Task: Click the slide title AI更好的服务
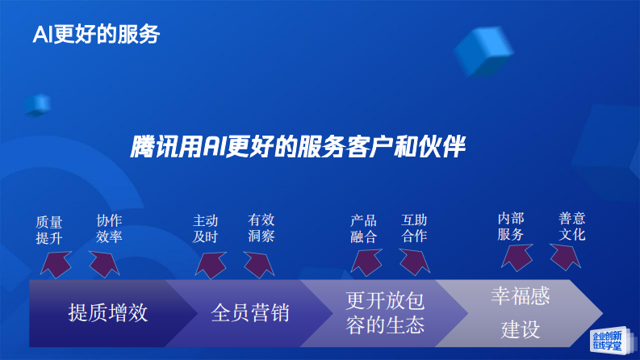96,34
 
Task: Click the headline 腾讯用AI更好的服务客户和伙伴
299,147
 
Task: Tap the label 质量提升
49,229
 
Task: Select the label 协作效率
109,228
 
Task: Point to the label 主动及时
205,228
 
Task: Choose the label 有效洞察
261,228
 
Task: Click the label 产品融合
363,228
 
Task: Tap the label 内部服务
511,227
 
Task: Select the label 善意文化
572,227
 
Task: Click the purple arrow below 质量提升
55,263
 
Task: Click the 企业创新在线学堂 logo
606,340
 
